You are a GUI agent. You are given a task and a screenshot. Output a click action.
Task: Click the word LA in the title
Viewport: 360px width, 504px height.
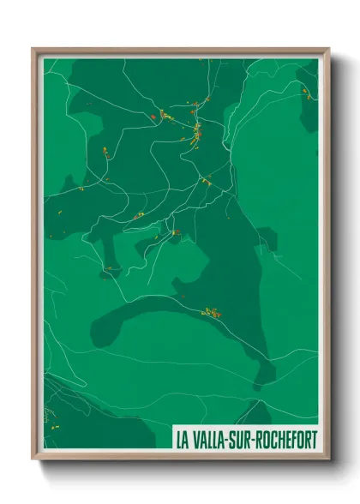[182, 441]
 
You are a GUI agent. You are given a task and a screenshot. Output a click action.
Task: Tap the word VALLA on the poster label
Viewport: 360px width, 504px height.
[211, 441]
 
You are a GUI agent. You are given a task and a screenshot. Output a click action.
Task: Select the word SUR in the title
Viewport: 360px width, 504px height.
[247, 441]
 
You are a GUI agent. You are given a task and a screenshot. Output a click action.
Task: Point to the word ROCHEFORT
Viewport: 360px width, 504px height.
[289, 441]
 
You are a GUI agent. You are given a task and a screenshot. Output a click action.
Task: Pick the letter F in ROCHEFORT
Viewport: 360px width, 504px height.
[296, 441]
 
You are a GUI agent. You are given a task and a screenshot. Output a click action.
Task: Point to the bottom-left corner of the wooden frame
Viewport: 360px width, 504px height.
[33, 459]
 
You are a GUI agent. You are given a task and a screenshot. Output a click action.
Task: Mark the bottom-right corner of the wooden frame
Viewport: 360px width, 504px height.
[328, 459]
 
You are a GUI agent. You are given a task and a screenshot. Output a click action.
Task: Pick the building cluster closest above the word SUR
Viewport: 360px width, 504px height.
[210, 313]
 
